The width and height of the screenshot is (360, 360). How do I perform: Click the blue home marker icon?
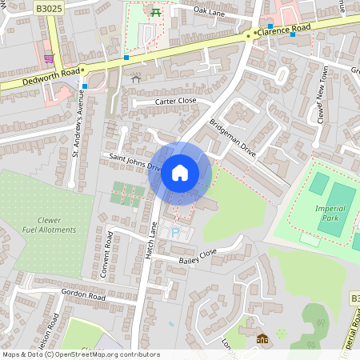click(180, 173)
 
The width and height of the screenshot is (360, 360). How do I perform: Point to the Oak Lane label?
click(210, 10)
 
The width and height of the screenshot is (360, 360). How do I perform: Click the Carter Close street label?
click(164, 102)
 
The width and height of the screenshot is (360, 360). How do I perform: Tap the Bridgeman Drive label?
click(232, 138)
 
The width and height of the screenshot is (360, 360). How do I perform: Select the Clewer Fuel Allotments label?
click(45, 224)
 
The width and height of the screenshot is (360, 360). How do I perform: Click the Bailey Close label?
click(198, 256)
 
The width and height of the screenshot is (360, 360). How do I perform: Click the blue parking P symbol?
click(175, 233)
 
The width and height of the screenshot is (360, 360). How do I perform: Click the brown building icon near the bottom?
click(262, 338)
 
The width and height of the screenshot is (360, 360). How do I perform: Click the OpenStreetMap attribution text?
click(81, 354)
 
